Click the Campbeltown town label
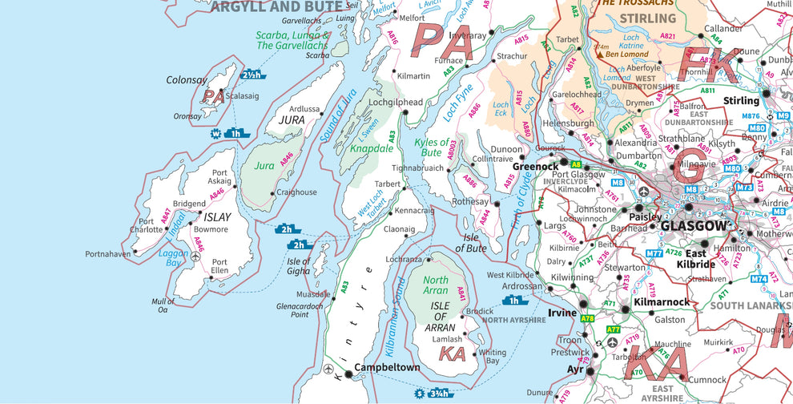click(x=387, y=368)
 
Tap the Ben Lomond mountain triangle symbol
click(x=598, y=55)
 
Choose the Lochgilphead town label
click(x=395, y=103)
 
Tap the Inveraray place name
click(x=468, y=36)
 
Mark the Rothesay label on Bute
click(x=471, y=202)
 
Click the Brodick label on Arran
click(x=480, y=311)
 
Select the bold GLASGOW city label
click(x=694, y=226)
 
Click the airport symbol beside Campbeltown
click(x=331, y=369)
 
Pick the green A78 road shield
click(x=588, y=318)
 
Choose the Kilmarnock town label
click(x=661, y=302)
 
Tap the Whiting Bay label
click(x=493, y=357)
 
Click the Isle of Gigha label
click(x=299, y=265)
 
